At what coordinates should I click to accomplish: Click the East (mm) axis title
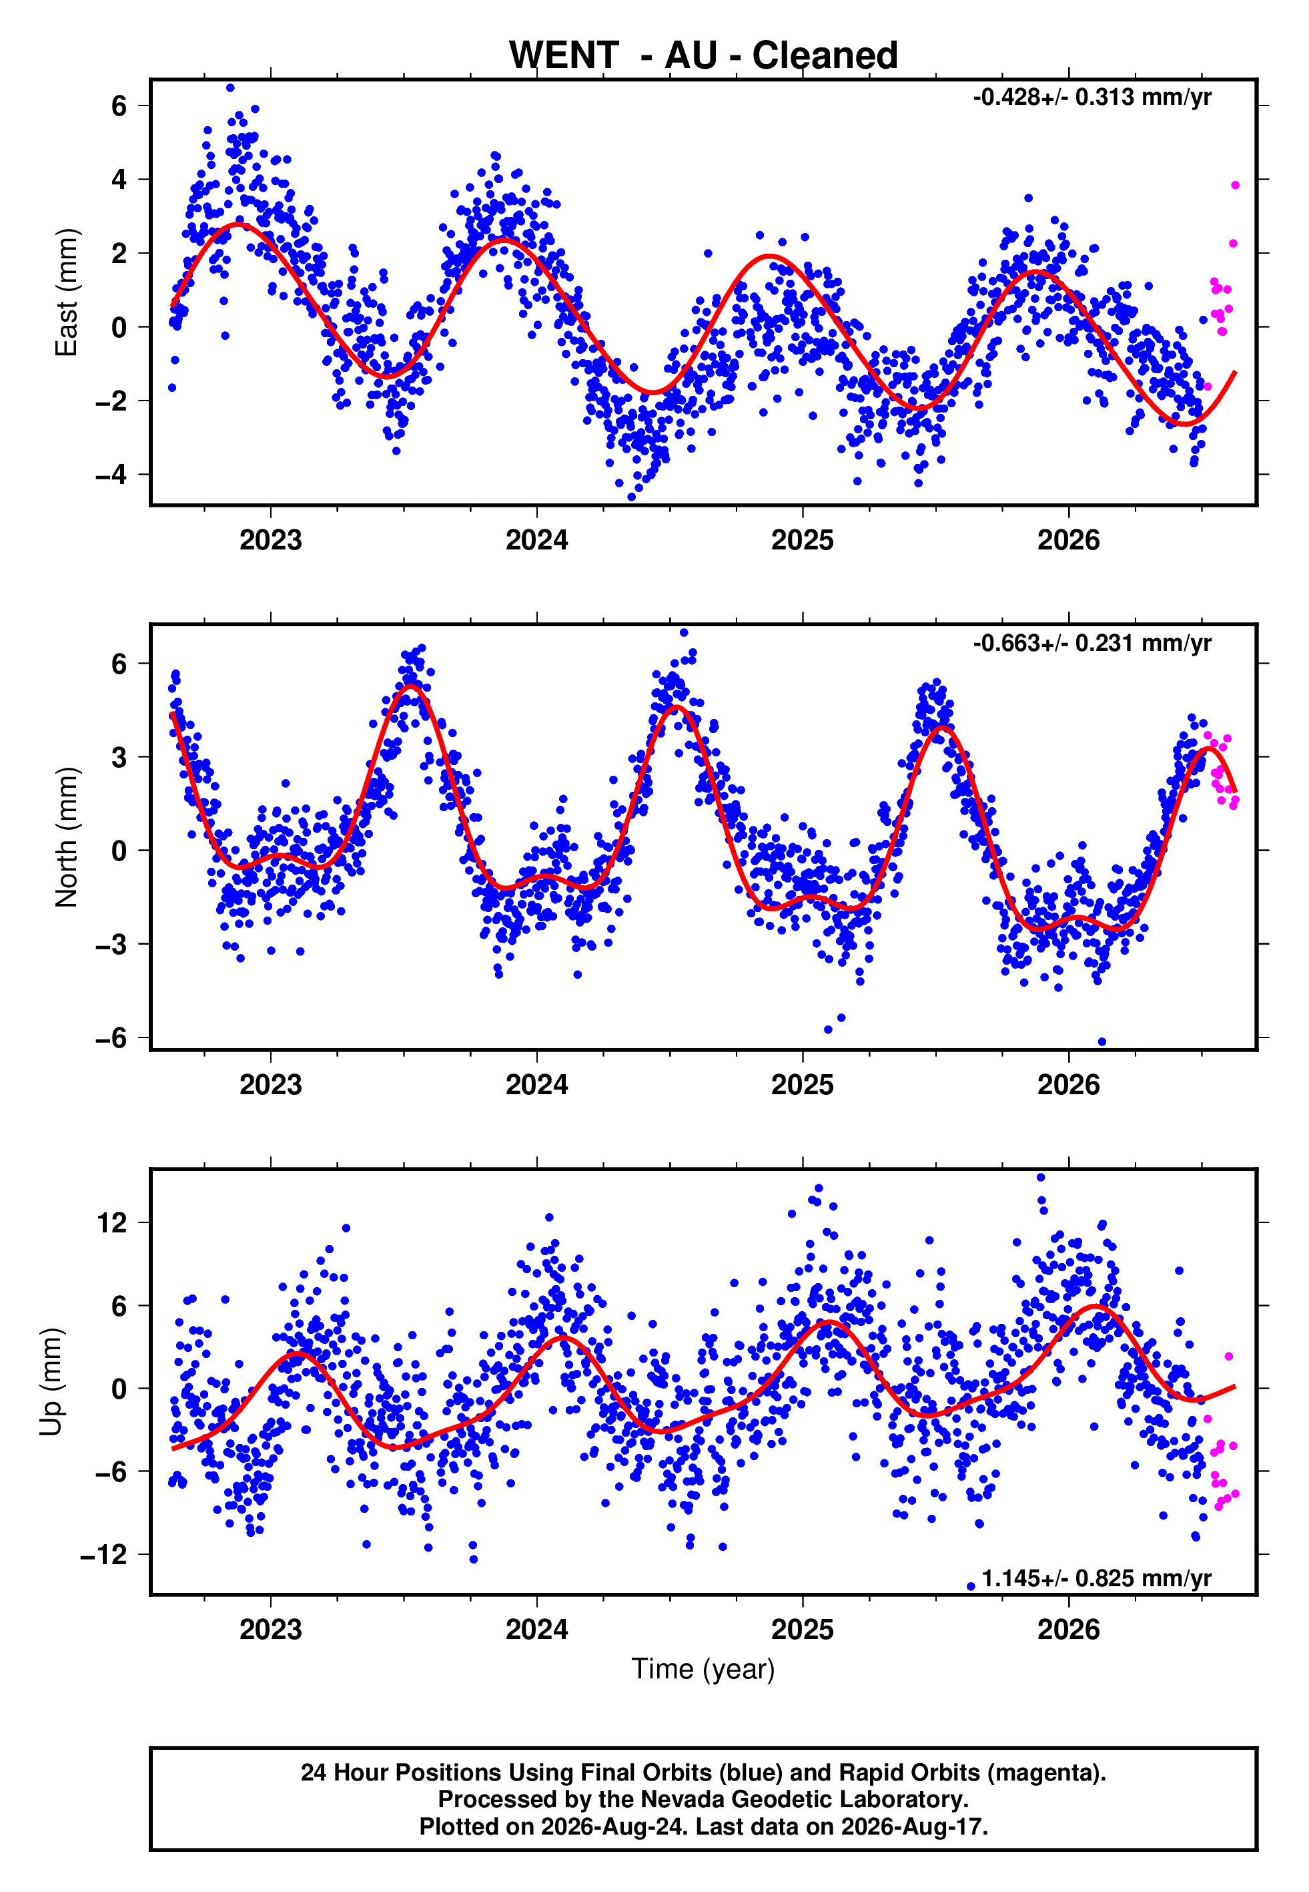(67, 292)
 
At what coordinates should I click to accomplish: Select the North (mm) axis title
(67, 837)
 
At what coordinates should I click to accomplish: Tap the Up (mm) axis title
(51, 1382)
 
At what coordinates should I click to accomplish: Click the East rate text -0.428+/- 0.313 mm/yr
(1092, 97)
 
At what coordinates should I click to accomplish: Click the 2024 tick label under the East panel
(536, 540)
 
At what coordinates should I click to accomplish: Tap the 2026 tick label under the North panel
(1068, 1085)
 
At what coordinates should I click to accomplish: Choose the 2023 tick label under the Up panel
(271, 1630)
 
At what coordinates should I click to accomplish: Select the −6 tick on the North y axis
(111, 1038)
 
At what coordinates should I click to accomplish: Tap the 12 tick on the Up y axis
(111, 1222)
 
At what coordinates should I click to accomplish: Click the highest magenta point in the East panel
(1235, 186)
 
